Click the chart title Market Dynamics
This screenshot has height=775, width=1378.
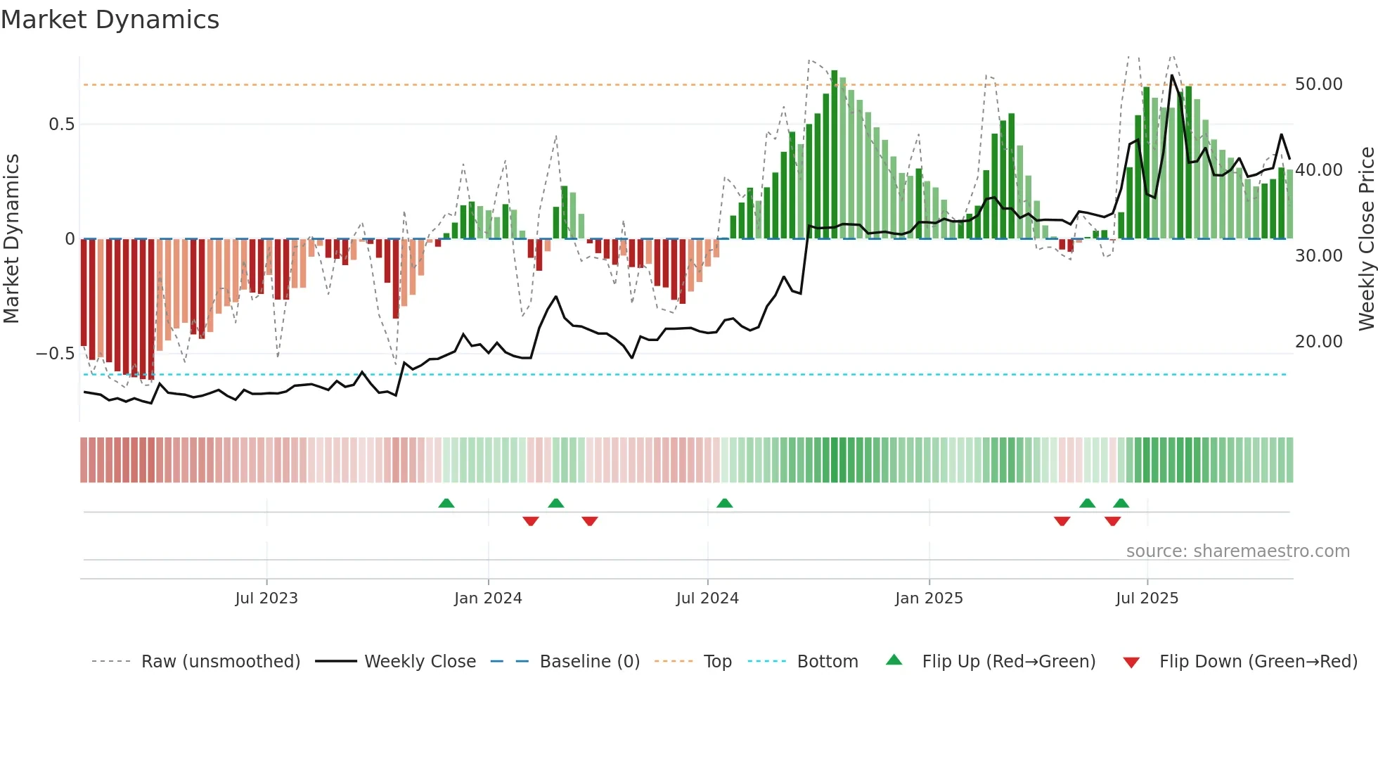click(x=110, y=20)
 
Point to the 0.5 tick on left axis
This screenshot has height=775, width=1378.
click(x=61, y=124)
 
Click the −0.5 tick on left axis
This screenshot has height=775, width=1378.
click(x=56, y=354)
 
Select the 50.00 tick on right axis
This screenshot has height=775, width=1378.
click(x=1318, y=84)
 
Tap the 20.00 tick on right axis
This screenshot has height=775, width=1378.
click(x=1318, y=342)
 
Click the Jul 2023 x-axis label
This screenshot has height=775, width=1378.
click(x=266, y=598)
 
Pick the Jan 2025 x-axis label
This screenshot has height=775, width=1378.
click(x=929, y=598)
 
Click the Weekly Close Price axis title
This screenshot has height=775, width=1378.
click(x=1366, y=239)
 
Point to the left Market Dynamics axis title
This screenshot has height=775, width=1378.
click(x=11, y=239)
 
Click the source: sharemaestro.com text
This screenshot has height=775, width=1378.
click(x=1237, y=551)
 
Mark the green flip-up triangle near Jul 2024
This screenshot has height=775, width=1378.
click(x=724, y=503)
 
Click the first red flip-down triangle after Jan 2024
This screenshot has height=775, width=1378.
click(x=531, y=521)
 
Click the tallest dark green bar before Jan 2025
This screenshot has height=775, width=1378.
click(x=835, y=155)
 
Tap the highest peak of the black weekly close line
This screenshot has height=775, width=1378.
click(x=1172, y=76)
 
